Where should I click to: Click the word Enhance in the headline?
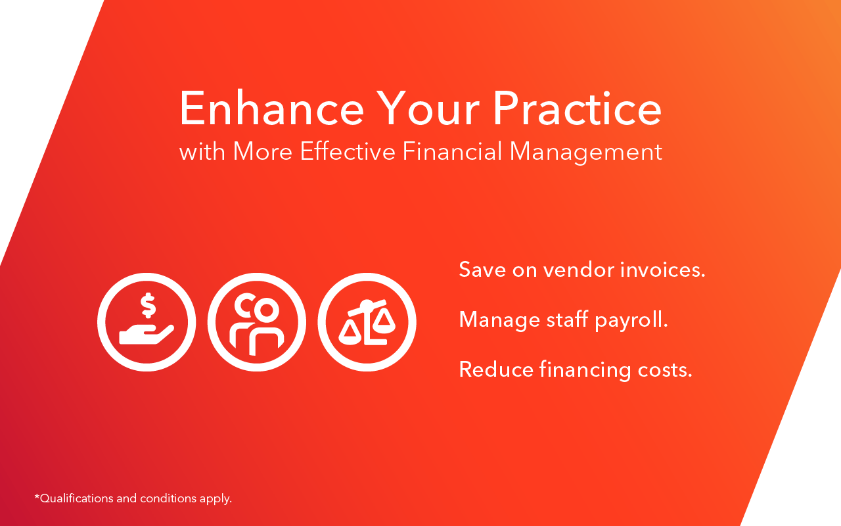pyautogui.click(x=272, y=108)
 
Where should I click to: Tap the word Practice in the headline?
pyautogui.click(x=577, y=108)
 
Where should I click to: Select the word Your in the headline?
pyautogui.click(x=428, y=108)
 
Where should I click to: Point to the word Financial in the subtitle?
pyautogui.click(x=452, y=151)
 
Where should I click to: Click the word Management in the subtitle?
pyautogui.click(x=585, y=153)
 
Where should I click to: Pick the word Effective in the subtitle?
pyautogui.click(x=348, y=151)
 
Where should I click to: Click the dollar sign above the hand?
pyautogui.click(x=148, y=305)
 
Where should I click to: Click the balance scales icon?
pyautogui.click(x=367, y=322)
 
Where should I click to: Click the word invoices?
pyautogui.click(x=663, y=270)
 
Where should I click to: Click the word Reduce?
pyautogui.click(x=496, y=370)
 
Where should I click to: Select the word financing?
pyautogui.click(x=585, y=371)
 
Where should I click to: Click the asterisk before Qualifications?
pyautogui.click(x=37, y=496)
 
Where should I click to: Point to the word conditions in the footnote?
pyautogui.click(x=168, y=498)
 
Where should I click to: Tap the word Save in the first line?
pyautogui.click(x=482, y=270)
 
